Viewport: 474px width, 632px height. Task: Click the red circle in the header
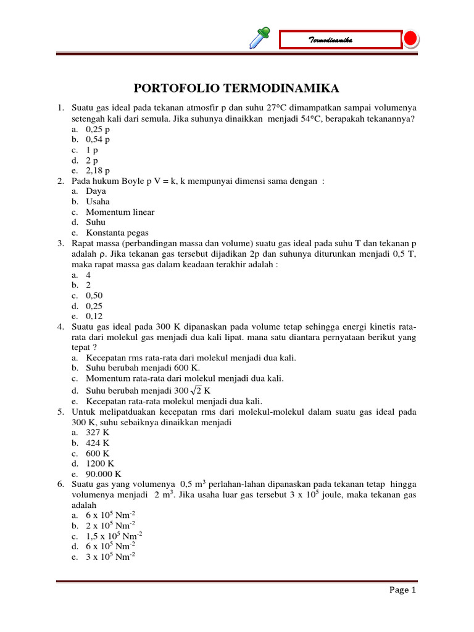tap(411, 39)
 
